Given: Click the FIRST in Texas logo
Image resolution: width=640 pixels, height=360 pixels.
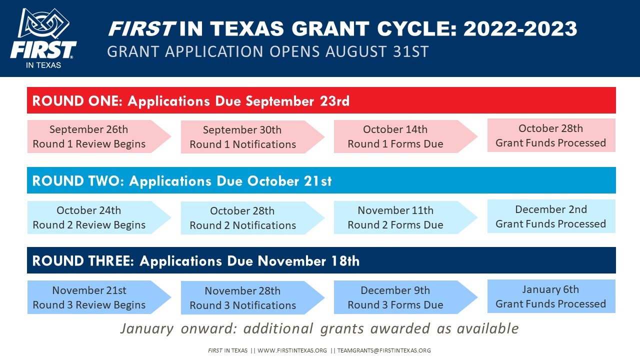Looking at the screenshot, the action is click(x=43, y=38).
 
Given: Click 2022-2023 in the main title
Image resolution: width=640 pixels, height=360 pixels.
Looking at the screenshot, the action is click(x=520, y=28).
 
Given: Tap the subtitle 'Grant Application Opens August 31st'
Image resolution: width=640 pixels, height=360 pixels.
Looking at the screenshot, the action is click(x=267, y=51).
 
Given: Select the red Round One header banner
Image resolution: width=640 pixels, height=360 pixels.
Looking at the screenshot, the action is click(x=321, y=100).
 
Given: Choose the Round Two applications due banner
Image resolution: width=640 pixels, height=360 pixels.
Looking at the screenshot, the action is click(x=321, y=180).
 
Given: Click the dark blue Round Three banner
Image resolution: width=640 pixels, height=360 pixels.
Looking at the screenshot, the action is click(x=321, y=260).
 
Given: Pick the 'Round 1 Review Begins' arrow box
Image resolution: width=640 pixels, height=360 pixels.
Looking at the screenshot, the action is click(x=99, y=136).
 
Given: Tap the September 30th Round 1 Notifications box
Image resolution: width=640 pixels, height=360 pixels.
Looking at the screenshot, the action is click(x=252, y=137).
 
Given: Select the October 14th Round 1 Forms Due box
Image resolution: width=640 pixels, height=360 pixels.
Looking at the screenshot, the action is click(x=405, y=136).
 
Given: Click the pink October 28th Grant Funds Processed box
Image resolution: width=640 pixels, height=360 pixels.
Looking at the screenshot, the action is click(x=551, y=135).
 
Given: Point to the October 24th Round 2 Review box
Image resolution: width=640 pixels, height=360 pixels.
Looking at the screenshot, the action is click(x=99, y=217).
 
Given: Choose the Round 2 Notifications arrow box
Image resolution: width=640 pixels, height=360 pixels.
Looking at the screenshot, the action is click(x=252, y=218).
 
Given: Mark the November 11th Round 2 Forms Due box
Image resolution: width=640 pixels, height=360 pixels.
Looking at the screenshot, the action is click(x=405, y=217).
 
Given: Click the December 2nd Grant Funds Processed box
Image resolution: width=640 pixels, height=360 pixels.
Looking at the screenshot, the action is click(x=551, y=216).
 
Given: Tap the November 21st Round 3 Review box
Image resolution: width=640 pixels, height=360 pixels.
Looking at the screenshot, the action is click(x=99, y=297).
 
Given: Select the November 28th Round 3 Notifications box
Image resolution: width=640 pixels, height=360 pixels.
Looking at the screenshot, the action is click(x=252, y=298).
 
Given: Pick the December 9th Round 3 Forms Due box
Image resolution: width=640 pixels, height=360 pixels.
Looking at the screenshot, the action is click(x=405, y=297).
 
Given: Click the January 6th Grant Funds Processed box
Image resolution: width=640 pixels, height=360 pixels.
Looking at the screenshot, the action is click(x=551, y=296).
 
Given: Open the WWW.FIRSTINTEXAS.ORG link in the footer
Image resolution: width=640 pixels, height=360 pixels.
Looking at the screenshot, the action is click(x=292, y=350).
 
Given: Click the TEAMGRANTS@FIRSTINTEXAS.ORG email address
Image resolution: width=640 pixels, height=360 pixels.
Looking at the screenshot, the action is click(x=384, y=350).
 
